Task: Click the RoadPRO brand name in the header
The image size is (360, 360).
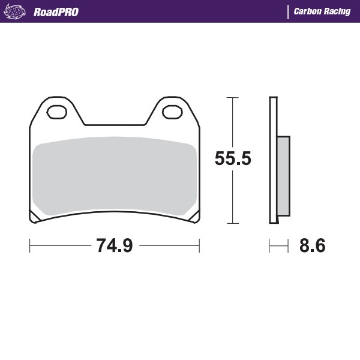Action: tap(56, 11)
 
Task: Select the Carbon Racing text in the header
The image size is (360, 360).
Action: tap(322, 11)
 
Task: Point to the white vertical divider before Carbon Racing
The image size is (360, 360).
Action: tap(289, 11)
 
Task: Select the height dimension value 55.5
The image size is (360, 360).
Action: tap(233, 159)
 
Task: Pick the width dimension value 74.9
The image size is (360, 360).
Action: tap(114, 245)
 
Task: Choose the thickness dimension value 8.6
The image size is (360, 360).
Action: tap(312, 245)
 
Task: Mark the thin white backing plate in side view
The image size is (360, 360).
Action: tap(273, 160)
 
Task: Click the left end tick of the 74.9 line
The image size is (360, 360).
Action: tap(30, 245)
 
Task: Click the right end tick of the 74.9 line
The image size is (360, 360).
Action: tap(199, 245)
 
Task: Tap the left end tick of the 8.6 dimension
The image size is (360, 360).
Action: tap(269, 245)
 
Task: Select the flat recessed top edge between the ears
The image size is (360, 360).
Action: tap(115, 125)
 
